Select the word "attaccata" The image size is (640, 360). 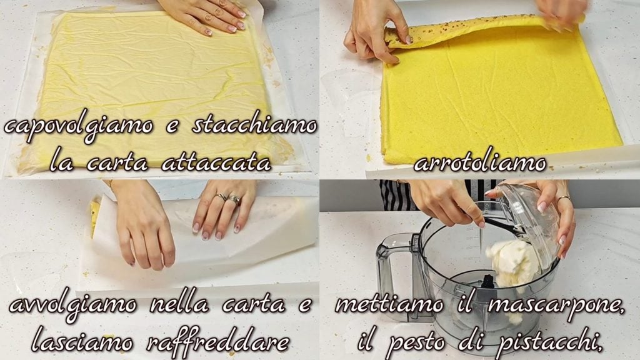point(216,163)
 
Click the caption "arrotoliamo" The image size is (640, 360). point(480,163)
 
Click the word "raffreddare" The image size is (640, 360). point(217,341)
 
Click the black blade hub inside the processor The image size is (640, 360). point(487,283)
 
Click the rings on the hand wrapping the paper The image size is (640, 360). point(229,199)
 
